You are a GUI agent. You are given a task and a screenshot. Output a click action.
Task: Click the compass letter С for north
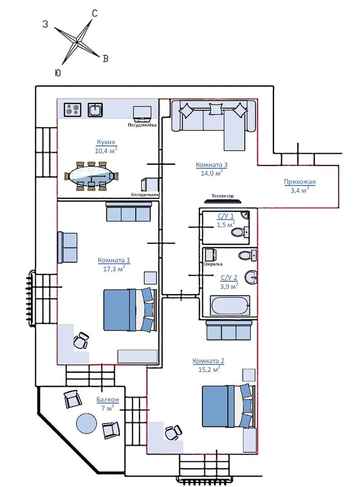(x=95, y=14)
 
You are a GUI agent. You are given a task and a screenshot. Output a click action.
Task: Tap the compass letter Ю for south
(x=57, y=73)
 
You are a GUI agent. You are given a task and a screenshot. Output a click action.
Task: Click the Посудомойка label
(x=142, y=125)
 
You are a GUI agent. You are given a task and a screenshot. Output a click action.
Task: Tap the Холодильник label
(x=145, y=195)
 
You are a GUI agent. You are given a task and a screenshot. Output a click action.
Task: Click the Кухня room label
(x=106, y=142)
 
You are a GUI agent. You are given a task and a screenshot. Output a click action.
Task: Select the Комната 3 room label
(x=212, y=165)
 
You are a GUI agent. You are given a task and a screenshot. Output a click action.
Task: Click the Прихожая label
(x=300, y=182)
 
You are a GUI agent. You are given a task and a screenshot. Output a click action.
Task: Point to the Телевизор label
(x=222, y=196)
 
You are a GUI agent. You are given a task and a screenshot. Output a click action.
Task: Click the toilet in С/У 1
(x=240, y=232)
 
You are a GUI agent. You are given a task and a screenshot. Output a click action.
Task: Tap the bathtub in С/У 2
(x=230, y=305)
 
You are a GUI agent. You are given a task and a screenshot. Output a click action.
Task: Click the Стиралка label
(x=213, y=264)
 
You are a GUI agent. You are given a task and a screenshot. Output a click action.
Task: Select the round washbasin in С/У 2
(x=251, y=277)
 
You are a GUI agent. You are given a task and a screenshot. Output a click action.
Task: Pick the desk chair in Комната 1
(x=81, y=340)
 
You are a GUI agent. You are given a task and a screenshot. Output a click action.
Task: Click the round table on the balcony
(x=86, y=423)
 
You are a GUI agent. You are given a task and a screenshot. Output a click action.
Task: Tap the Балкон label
(x=107, y=400)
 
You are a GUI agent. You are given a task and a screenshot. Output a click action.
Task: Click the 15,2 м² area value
(x=209, y=369)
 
